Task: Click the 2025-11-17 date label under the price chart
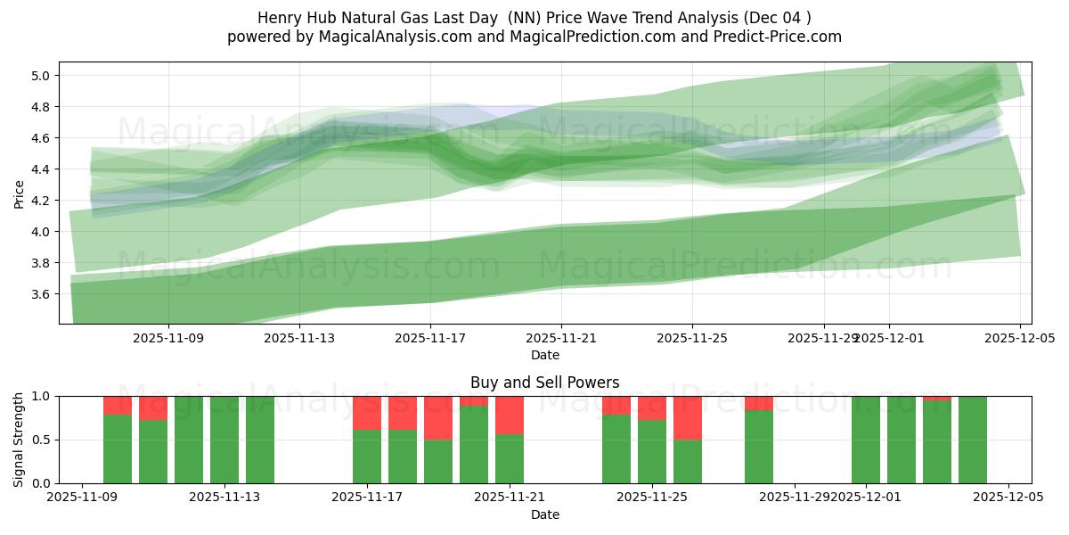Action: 430,338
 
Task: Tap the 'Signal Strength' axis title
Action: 19,440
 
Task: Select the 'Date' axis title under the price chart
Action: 544,355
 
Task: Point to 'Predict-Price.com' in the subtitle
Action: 771,37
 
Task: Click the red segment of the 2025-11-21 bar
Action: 510,415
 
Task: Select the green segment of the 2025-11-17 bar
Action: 367,457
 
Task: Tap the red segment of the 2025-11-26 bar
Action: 688,417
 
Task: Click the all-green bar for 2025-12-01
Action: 866,440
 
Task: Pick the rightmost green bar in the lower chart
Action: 973,440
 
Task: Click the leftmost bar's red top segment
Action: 118,405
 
